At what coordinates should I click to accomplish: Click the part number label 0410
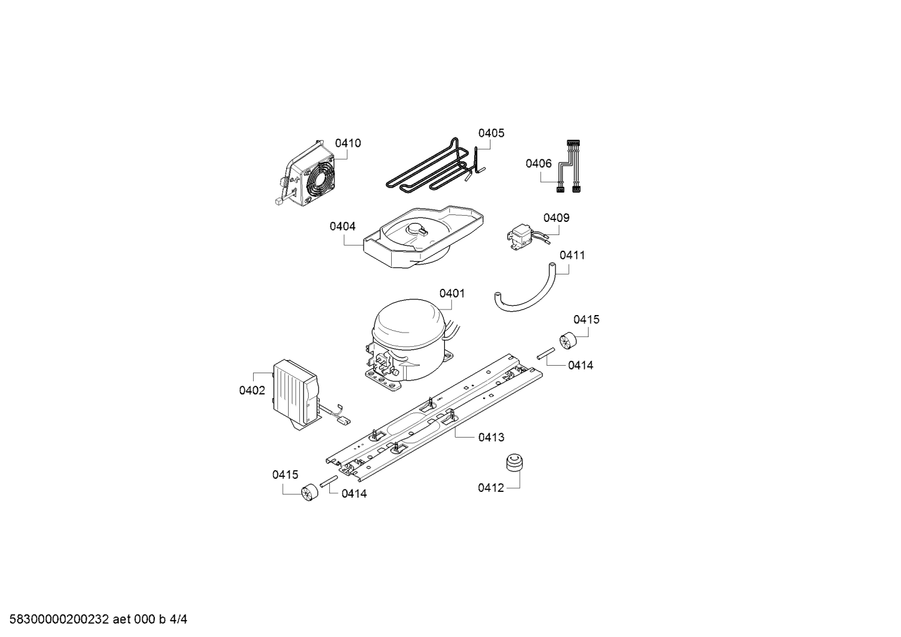click(x=348, y=143)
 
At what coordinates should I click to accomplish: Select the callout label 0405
click(x=491, y=133)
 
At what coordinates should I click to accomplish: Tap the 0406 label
click(x=539, y=163)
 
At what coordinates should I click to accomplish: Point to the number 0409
click(x=556, y=218)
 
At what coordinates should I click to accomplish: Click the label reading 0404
click(x=342, y=226)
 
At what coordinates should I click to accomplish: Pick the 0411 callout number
click(x=572, y=255)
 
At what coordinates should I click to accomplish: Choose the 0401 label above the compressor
click(x=452, y=293)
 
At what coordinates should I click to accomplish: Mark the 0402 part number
click(x=252, y=390)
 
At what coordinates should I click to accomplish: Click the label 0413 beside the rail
click(x=491, y=437)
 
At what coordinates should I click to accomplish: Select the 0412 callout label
click(x=490, y=488)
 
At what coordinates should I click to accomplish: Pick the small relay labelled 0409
click(x=523, y=237)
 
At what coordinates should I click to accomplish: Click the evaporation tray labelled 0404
click(x=422, y=237)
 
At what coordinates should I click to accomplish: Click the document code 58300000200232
click(x=59, y=619)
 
